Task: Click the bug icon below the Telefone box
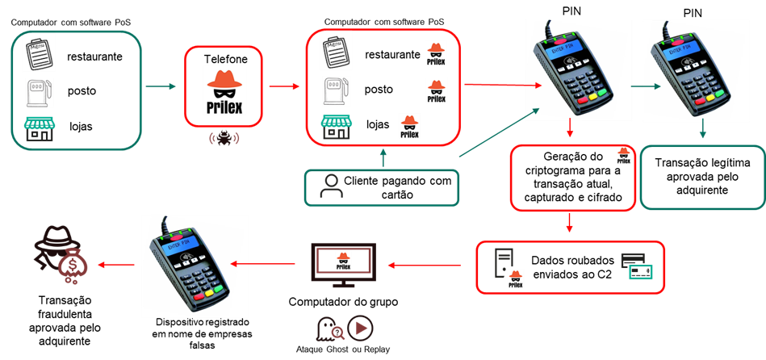pyautogui.click(x=224, y=138)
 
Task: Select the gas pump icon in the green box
pyautogui.click(x=39, y=91)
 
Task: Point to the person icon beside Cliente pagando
pyautogui.click(x=331, y=186)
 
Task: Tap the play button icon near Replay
pyautogui.click(x=360, y=329)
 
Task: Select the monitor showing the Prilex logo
pyautogui.click(x=343, y=265)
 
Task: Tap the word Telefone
pyautogui.click(x=226, y=60)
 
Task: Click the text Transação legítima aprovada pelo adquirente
pyautogui.click(x=702, y=176)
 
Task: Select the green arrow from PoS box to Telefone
pyautogui.click(x=161, y=87)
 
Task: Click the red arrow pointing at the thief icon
pyautogui.click(x=116, y=264)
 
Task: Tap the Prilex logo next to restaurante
pyautogui.click(x=436, y=54)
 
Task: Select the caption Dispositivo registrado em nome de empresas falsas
pyautogui.click(x=203, y=334)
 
